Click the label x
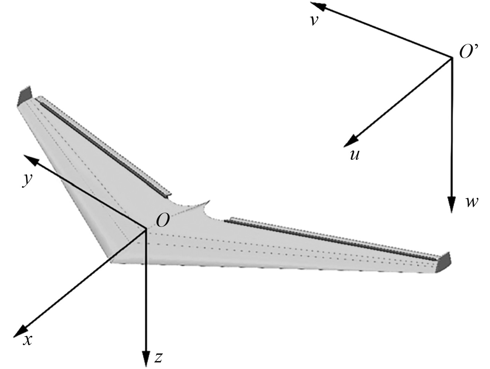tap(27, 340)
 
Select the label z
tap(158, 358)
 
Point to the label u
tap(354, 155)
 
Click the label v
tap(314, 20)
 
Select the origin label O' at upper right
tap(469, 52)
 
